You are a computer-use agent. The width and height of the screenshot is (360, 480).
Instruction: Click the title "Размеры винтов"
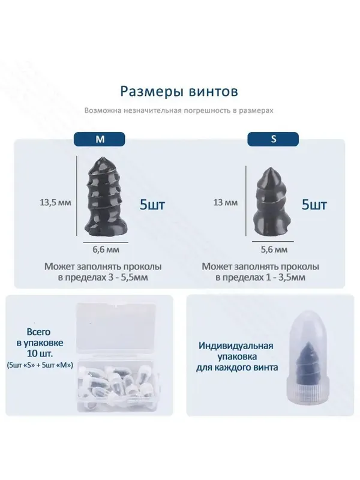(x=179, y=91)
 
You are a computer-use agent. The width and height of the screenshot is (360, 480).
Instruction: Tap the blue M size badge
(x=100, y=139)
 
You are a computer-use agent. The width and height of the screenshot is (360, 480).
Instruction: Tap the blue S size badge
(x=273, y=139)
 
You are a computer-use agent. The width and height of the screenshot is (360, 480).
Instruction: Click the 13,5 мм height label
(x=55, y=202)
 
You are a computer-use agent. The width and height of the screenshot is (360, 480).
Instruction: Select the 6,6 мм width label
(x=106, y=250)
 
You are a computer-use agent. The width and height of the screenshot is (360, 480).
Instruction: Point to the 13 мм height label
(x=226, y=202)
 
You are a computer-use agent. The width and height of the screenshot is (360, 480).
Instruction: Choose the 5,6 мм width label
(x=274, y=250)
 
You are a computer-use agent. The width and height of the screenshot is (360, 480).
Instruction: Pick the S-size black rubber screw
(x=271, y=202)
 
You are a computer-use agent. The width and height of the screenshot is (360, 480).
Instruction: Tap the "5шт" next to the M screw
(x=152, y=205)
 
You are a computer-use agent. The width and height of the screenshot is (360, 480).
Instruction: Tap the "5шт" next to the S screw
(x=314, y=205)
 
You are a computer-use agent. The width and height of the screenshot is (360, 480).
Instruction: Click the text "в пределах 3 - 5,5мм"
(x=103, y=278)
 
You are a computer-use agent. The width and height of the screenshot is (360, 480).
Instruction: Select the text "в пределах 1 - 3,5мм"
(x=260, y=278)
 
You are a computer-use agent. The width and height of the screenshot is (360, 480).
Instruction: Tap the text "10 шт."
(x=40, y=353)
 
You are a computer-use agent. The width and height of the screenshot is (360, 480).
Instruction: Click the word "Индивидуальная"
(x=236, y=346)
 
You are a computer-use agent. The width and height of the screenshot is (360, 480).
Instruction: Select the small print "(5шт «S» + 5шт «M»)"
(x=40, y=365)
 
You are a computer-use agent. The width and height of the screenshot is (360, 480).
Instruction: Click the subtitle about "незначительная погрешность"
(x=179, y=110)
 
